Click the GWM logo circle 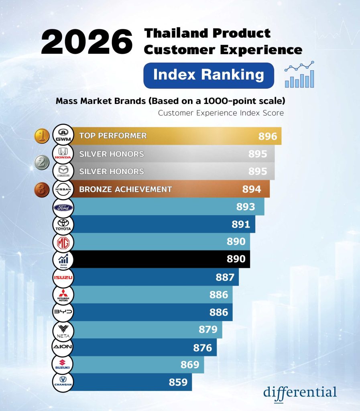[x=63, y=136]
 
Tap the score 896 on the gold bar [x=268, y=136]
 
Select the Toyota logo [x=63, y=224]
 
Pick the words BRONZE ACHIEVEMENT [x=126, y=189]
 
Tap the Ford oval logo [x=63, y=208]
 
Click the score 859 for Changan [x=178, y=383]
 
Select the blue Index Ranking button [x=209, y=75]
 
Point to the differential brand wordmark [x=300, y=392]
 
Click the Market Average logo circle [x=63, y=260]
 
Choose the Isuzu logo [x=63, y=277]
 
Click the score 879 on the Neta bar [x=208, y=330]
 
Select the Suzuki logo [x=63, y=365]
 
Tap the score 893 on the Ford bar [x=246, y=207]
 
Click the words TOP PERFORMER [x=113, y=136]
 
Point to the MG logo [x=63, y=242]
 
